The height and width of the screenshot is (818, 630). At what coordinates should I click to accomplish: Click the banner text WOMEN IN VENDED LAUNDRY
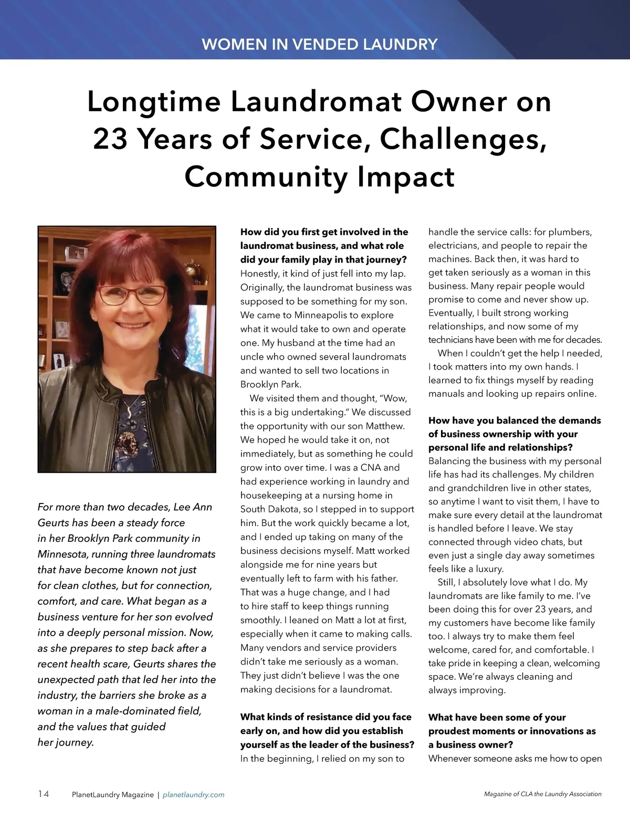click(x=319, y=44)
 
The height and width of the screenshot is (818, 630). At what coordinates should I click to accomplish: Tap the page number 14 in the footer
click(x=44, y=794)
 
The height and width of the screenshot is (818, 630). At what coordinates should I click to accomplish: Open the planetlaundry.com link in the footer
click(x=194, y=794)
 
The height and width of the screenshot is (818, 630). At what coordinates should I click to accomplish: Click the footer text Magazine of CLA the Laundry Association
click(x=542, y=794)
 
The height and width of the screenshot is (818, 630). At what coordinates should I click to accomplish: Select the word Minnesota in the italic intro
click(x=61, y=554)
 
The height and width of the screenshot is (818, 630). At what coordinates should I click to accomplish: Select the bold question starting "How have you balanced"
click(x=514, y=434)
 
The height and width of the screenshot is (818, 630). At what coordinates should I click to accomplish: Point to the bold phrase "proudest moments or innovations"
click(x=512, y=731)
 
